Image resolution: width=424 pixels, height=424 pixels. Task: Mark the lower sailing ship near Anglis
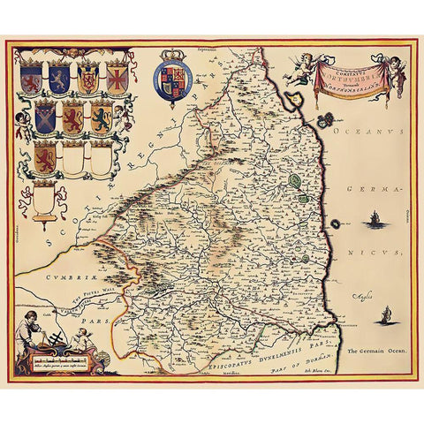[385, 314]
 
